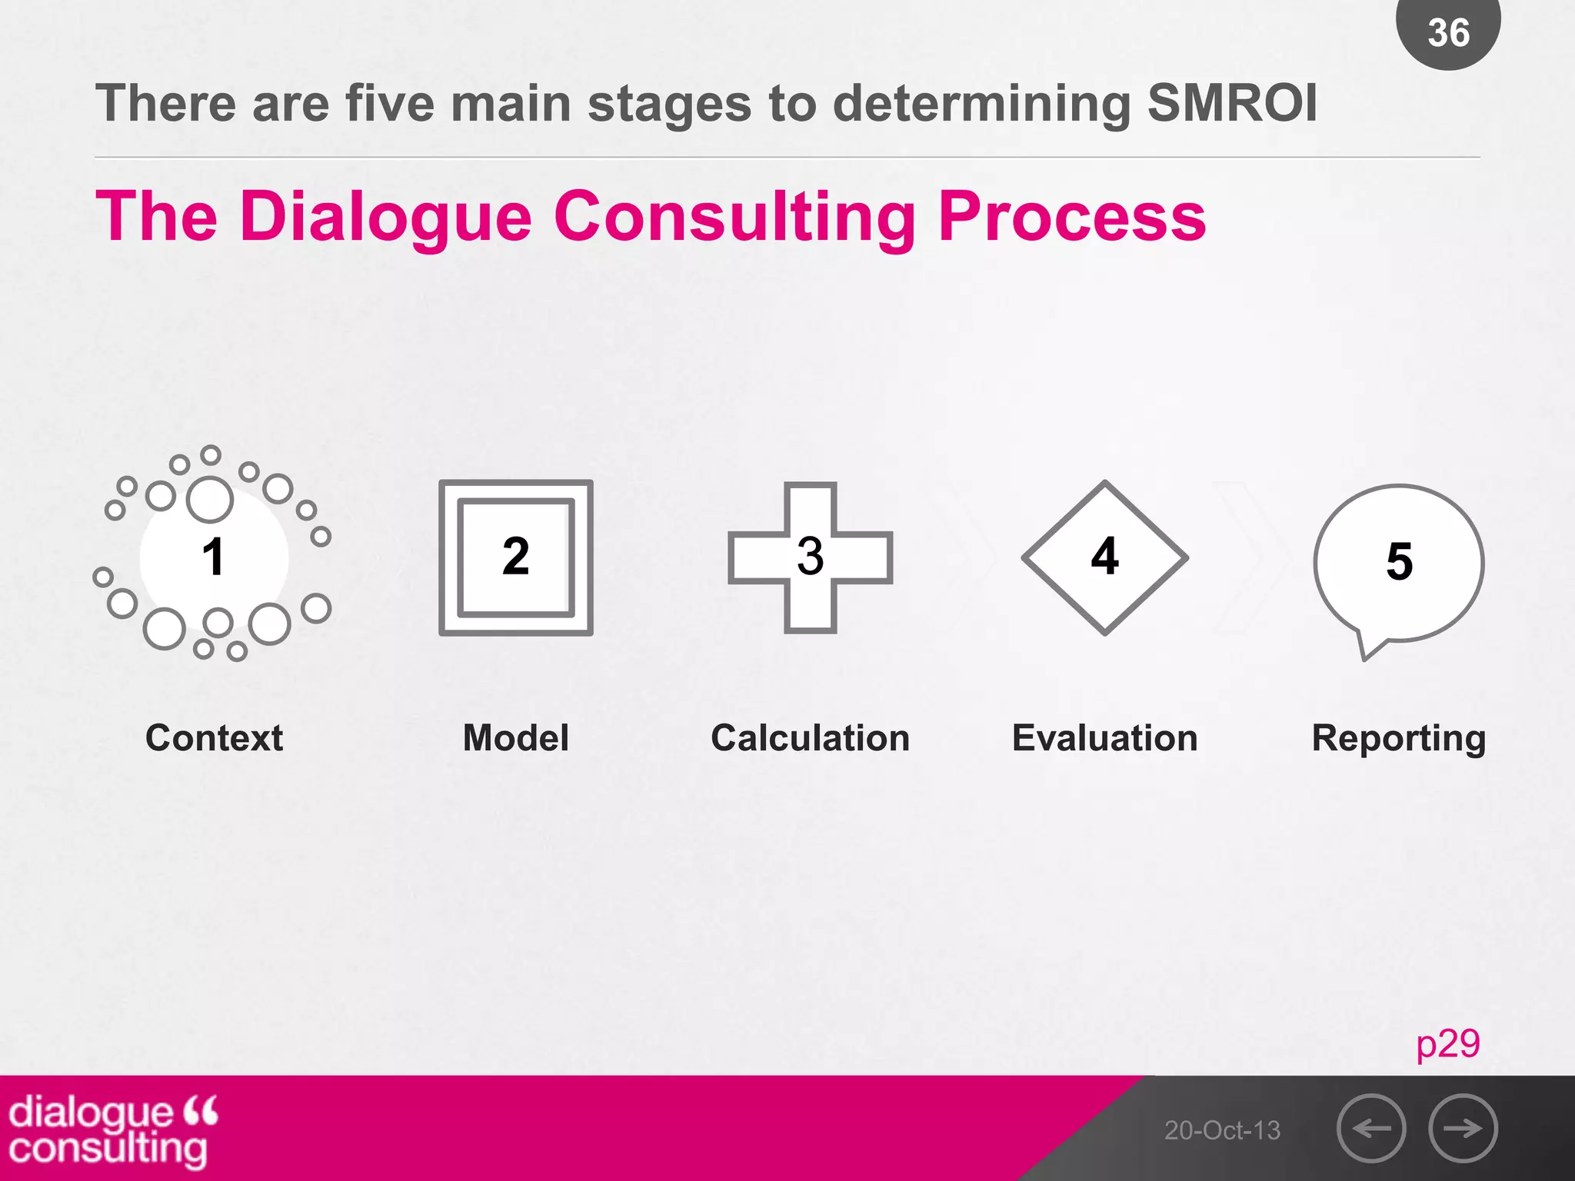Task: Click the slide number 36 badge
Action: [x=1448, y=32]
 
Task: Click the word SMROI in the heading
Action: [x=1232, y=104]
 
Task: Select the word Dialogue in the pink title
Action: [x=385, y=218]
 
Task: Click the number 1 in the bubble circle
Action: [x=213, y=557]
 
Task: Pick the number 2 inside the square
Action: [x=515, y=557]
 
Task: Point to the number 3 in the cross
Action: [x=810, y=557]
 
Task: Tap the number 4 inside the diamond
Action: [x=1104, y=557]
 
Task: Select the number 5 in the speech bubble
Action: [x=1399, y=562]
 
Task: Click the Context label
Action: [x=214, y=738]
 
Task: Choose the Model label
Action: [x=515, y=738]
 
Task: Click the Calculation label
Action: [x=810, y=738]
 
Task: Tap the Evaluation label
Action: [x=1104, y=738]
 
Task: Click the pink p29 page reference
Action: [x=1447, y=1044]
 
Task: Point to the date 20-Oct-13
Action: [x=1222, y=1130]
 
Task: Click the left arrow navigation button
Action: [x=1371, y=1129]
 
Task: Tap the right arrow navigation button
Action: [x=1463, y=1129]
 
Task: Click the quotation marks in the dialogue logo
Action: [x=201, y=1110]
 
